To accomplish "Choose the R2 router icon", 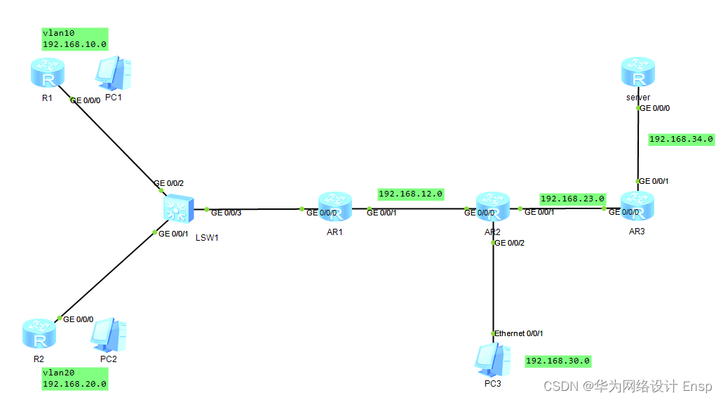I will (x=39, y=333).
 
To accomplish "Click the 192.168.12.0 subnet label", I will (x=411, y=194).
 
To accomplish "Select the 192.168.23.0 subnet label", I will (x=572, y=199).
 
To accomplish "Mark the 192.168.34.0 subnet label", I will (x=681, y=139).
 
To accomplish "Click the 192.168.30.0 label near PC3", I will (x=558, y=361).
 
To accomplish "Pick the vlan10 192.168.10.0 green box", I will (x=74, y=39).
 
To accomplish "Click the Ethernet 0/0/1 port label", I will (x=519, y=333).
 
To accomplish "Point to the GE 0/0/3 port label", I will (x=227, y=213).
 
